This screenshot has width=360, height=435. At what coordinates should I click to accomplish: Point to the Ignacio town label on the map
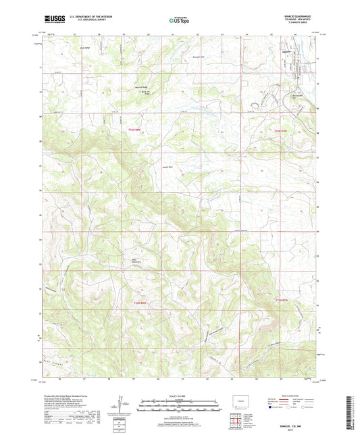click(286, 53)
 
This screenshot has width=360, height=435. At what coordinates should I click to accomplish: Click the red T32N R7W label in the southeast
click(285, 298)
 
